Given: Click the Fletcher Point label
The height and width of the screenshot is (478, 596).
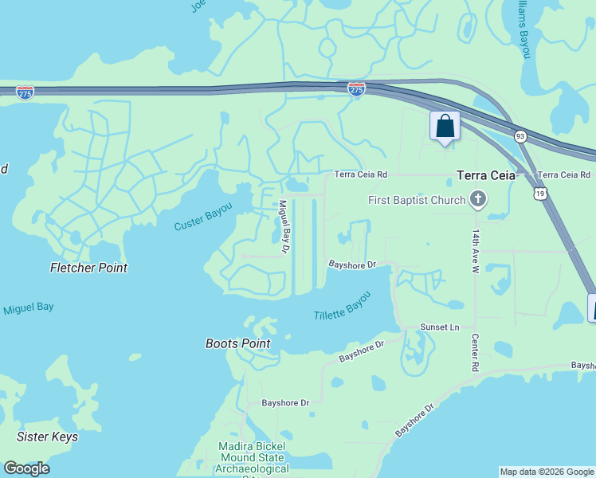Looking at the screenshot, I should pos(88,268).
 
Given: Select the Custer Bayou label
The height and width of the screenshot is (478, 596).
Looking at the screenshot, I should pos(203,217).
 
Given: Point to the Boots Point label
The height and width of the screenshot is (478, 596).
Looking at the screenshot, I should pos(237,344).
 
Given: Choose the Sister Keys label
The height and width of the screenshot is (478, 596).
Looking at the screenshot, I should pos(48,437).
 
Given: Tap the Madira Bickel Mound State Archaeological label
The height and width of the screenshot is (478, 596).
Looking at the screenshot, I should pos(252,458).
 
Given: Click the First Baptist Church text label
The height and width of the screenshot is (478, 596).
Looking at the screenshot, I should pos(417,200).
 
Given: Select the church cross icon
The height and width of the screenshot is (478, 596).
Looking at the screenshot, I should pos(478,199).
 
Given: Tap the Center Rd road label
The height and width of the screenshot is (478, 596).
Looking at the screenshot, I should pos(475,352).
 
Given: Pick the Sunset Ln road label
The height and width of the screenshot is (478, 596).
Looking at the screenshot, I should pos(441,327).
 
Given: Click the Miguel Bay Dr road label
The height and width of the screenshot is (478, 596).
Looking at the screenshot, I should pos(283,227).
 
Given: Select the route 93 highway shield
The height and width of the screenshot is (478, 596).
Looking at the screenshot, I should pos(520,136).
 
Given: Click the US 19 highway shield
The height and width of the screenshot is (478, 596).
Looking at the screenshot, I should pos(541,193).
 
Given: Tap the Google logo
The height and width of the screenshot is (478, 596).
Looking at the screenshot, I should pos(26,468).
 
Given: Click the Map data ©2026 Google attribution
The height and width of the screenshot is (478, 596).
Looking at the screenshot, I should pos(547,472).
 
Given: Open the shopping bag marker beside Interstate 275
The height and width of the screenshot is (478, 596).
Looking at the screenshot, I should pos(445,127).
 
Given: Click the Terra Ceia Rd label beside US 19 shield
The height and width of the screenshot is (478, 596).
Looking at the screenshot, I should pos(564,174).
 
